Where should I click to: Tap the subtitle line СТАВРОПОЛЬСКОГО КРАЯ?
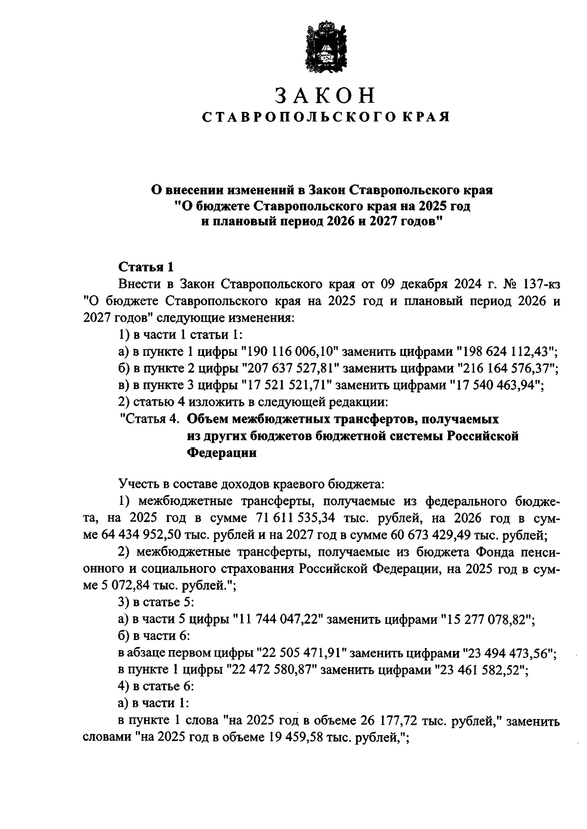click(x=325, y=118)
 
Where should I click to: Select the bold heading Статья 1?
click(x=146, y=267)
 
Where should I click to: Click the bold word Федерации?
click(x=222, y=453)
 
